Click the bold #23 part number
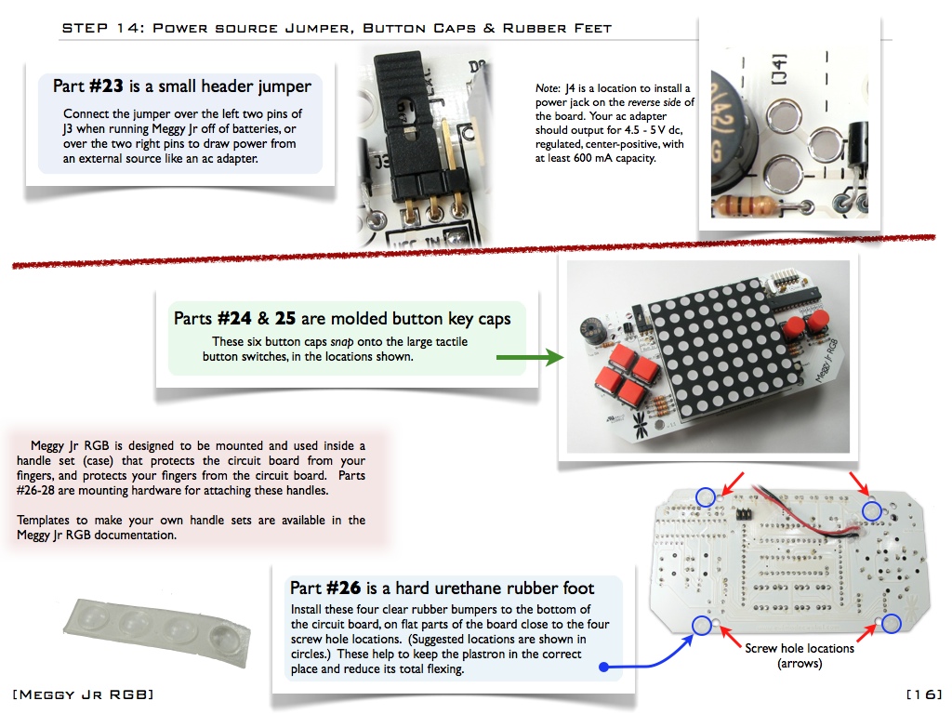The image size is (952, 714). (108, 86)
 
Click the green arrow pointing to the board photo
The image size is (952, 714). (530, 357)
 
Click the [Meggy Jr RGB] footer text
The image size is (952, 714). (84, 694)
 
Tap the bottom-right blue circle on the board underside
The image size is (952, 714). (891, 623)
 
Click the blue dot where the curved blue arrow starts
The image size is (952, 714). (603, 666)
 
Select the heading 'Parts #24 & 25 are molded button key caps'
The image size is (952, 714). (341, 319)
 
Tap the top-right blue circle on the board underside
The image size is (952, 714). (871, 510)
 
